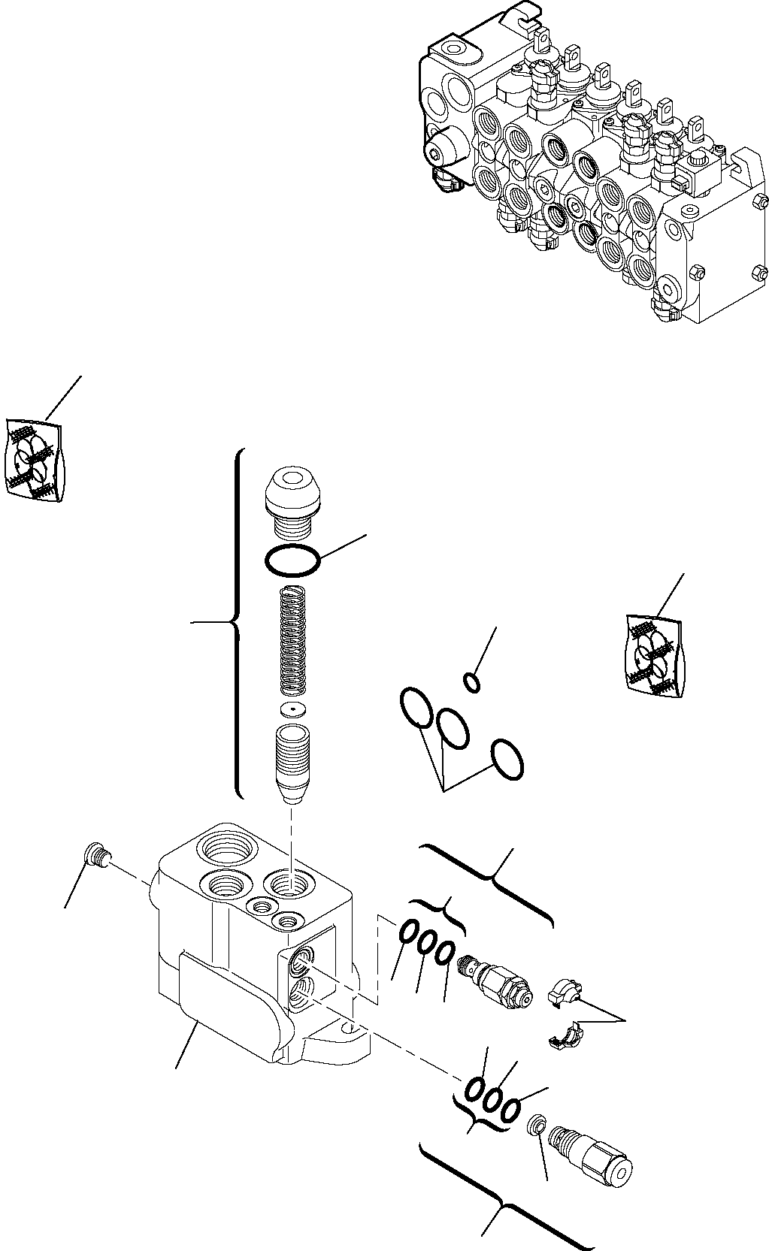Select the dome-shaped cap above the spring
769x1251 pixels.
(x=294, y=497)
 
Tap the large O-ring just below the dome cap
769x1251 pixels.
(x=292, y=560)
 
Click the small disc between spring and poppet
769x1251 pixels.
(x=292, y=709)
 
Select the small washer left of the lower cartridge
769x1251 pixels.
(x=536, y=1126)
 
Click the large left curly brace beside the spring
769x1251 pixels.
(x=235, y=622)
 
